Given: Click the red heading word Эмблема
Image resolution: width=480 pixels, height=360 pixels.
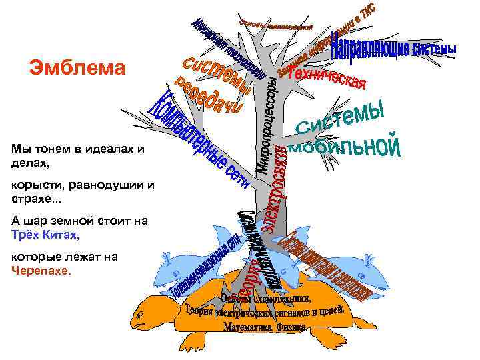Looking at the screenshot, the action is point(77,68).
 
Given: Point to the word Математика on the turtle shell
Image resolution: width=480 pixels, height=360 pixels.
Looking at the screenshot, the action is point(247,327).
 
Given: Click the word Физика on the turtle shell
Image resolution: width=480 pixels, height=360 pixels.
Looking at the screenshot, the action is point(291,327).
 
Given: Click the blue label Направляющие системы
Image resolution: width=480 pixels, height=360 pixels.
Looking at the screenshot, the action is point(393,49).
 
